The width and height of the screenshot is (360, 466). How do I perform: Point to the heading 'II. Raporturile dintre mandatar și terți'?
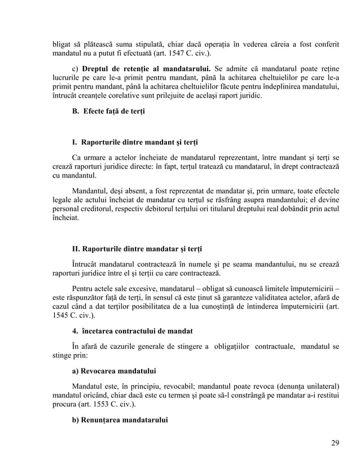click(x=138, y=249)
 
